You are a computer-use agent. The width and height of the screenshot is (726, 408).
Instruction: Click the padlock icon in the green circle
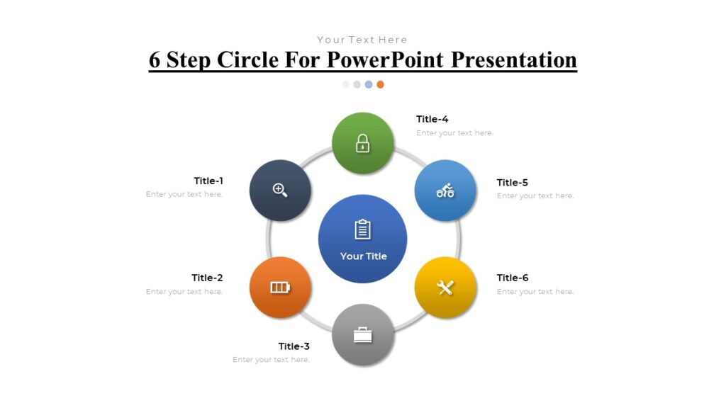click(363, 143)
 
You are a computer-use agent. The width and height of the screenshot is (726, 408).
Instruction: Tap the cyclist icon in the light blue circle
click(445, 191)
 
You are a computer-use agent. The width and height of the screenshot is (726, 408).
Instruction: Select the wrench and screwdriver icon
click(445, 288)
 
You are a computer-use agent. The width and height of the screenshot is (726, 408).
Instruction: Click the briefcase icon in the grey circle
click(363, 335)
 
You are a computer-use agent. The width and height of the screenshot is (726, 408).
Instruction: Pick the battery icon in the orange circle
click(280, 288)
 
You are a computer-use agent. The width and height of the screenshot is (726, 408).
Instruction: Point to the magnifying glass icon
click(280, 190)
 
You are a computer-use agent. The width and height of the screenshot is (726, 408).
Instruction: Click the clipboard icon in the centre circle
click(363, 229)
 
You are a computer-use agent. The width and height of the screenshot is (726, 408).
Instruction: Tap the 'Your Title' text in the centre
click(363, 256)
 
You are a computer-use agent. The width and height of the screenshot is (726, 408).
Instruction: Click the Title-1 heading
click(208, 181)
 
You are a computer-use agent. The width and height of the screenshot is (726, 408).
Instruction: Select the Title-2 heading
click(207, 278)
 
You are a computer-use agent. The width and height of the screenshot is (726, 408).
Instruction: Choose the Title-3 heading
click(294, 346)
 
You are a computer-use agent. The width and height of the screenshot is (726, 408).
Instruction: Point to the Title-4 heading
click(432, 119)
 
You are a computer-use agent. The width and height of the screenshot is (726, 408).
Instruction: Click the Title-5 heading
click(513, 182)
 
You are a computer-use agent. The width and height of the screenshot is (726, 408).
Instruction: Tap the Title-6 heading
click(513, 278)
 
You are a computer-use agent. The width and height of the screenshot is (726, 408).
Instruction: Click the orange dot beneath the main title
click(380, 84)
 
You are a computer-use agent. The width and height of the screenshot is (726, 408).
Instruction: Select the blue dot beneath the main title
click(369, 84)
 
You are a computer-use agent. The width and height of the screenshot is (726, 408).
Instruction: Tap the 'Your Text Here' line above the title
click(362, 40)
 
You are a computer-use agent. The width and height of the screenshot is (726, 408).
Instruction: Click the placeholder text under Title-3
click(271, 360)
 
